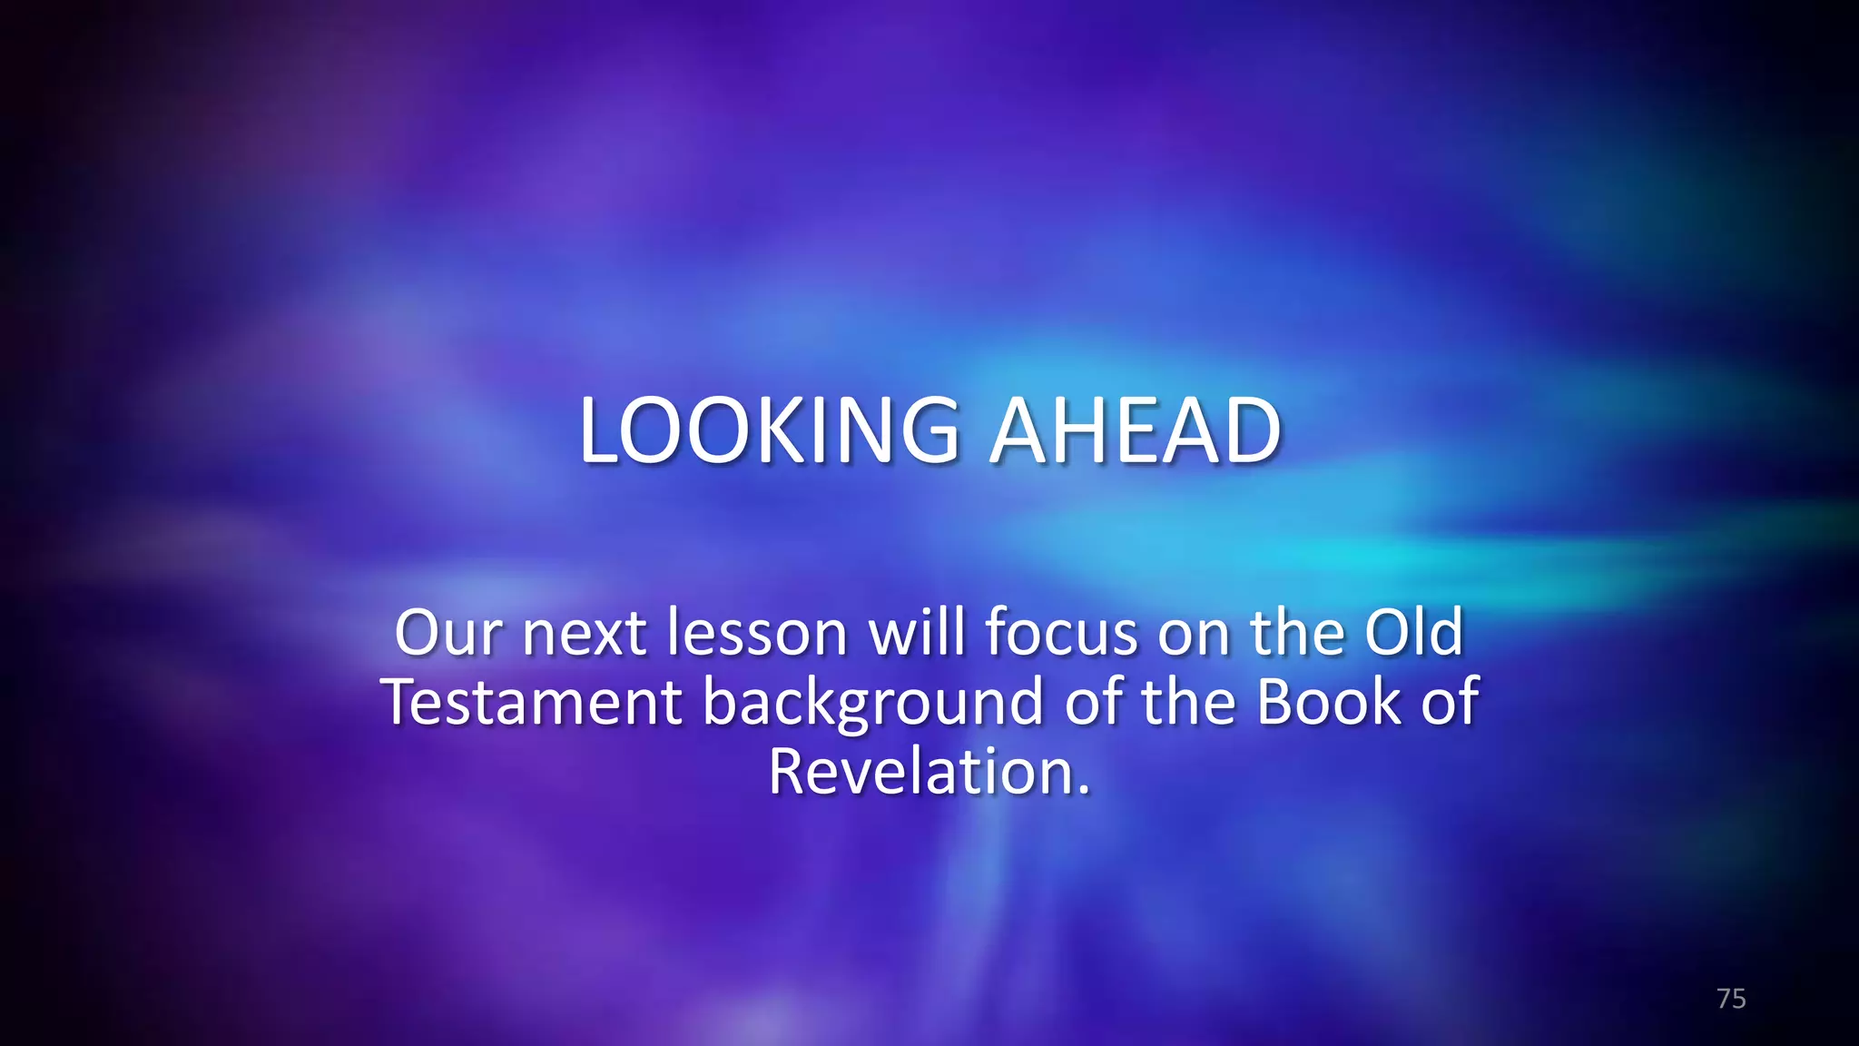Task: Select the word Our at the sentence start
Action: coord(447,633)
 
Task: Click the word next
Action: coord(584,633)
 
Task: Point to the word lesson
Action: coord(757,633)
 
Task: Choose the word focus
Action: coord(1061,633)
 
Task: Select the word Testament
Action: coord(532,703)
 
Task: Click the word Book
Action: coord(1329,703)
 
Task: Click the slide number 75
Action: coord(1731,999)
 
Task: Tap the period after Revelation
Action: coord(1082,791)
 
